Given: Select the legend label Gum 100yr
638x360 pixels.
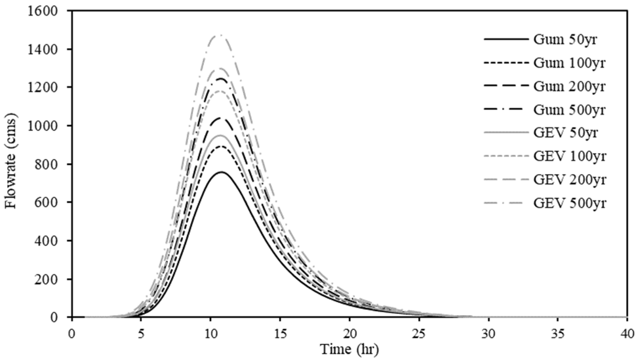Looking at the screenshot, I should tap(569, 63).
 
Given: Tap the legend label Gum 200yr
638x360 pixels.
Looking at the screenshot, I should tap(569, 87).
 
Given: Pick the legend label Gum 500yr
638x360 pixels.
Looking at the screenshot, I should tap(569, 110).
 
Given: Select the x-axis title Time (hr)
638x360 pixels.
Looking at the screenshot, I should tap(349, 349).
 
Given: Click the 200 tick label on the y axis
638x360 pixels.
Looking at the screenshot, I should tap(50, 279).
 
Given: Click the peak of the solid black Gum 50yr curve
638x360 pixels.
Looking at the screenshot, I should tap(221, 172).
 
